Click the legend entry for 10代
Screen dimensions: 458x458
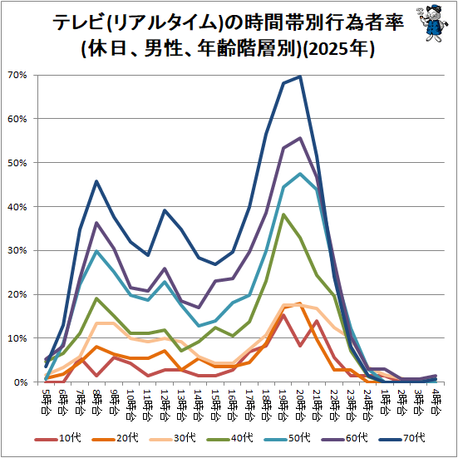coord(58,438)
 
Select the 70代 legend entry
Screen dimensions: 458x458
coord(402,438)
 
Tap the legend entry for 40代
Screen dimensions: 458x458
coord(230,438)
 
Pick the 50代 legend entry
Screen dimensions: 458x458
coord(287,438)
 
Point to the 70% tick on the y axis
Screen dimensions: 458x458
coord(17,76)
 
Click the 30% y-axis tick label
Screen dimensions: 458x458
coord(17,251)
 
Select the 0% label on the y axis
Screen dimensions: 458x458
coord(20,382)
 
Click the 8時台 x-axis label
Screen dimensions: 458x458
coord(96,401)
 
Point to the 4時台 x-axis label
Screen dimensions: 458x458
coord(436,401)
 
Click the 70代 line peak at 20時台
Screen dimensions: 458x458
coord(300,76)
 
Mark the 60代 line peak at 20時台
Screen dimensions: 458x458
coord(300,138)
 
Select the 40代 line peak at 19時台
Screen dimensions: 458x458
coord(283,214)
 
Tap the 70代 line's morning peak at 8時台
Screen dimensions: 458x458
coord(96,181)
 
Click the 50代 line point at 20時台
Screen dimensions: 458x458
coord(300,174)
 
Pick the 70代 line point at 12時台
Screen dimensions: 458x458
coord(164,210)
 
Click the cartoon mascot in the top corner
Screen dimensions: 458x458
coord(432,22)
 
